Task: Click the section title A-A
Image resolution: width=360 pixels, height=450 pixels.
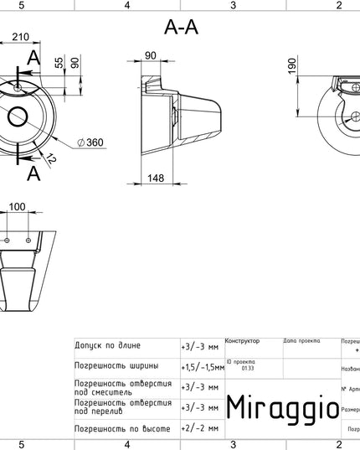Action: (x=182, y=28)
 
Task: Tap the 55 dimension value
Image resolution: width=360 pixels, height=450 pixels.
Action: (x=58, y=63)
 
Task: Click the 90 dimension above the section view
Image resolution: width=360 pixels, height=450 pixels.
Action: (x=152, y=56)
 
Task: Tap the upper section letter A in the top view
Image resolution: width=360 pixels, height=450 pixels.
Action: (x=33, y=57)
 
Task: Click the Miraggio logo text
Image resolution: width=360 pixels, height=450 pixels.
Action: (x=283, y=407)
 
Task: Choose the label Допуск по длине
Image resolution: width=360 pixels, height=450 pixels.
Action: (x=107, y=345)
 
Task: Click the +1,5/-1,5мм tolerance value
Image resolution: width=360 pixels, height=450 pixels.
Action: (x=202, y=366)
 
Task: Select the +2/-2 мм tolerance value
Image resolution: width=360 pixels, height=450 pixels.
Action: (x=199, y=428)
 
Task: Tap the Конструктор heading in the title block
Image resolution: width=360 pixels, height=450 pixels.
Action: (x=243, y=341)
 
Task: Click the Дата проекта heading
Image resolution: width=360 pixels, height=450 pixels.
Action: (x=301, y=341)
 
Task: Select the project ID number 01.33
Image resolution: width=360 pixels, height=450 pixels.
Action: (x=246, y=366)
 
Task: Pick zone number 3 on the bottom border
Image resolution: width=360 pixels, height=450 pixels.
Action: (x=233, y=444)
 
